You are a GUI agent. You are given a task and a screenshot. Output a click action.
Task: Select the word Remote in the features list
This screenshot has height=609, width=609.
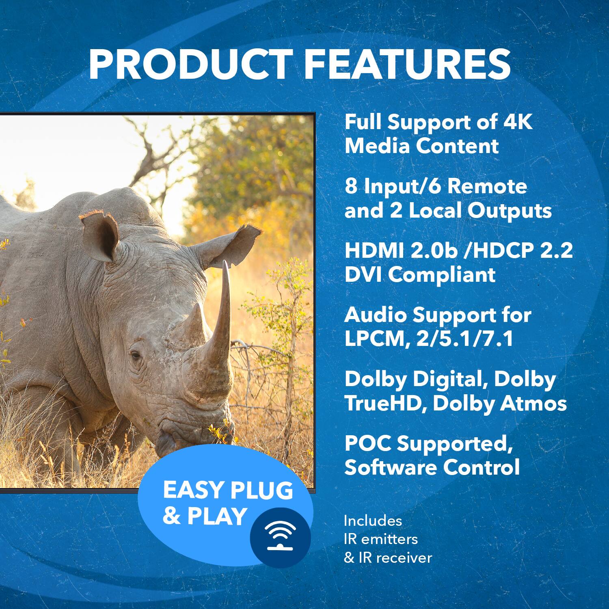coord(487,186)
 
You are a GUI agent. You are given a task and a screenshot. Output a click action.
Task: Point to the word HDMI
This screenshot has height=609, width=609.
coord(374,251)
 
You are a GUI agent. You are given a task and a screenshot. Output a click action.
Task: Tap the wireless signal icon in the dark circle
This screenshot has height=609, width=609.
coord(280,536)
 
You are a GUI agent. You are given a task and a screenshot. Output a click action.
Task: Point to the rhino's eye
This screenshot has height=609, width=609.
coord(135,356)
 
